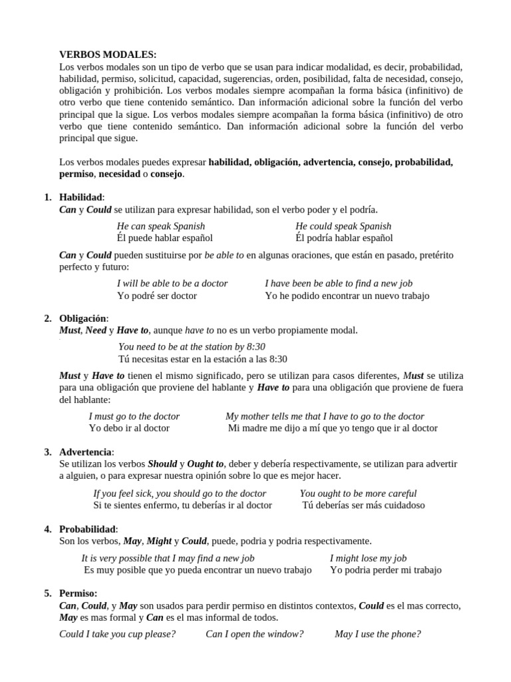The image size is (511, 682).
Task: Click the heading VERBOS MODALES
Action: [108, 55]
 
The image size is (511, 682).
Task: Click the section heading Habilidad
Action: [81, 197]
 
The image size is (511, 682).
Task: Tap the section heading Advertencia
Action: [86, 452]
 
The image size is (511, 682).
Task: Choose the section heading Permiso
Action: [78, 593]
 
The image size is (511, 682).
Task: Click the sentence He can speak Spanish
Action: [161, 226]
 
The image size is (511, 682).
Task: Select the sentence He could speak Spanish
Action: [343, 226]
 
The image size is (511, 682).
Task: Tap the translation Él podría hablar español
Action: [344, 238]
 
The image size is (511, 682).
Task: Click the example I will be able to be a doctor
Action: [172, 284]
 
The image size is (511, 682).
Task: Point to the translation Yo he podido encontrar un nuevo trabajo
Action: [347, 296]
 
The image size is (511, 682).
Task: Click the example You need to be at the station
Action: [192, 346]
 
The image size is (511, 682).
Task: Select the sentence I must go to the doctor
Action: [134, 416]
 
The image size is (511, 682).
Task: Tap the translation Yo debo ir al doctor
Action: [129, 428]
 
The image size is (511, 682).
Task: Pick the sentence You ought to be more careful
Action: [358, 494]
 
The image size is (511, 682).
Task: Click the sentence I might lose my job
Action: [368, 558]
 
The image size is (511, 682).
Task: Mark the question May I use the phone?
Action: [377, 634]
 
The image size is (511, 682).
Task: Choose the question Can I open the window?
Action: [254, 634]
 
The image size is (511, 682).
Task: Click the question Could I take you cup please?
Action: [118, 634]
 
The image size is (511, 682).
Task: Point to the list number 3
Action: [48, 452]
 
